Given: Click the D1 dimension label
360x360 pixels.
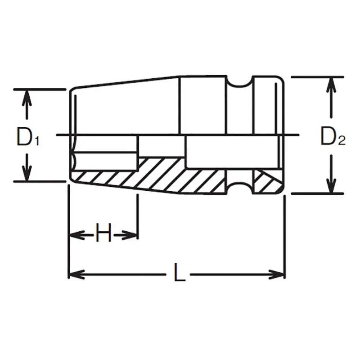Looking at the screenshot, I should (x=28, y=136).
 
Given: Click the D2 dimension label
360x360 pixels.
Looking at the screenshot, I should (x=332, y=136).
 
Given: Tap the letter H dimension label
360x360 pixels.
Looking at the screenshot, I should (x=103, y=234).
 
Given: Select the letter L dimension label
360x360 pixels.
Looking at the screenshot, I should (x=180, y=273).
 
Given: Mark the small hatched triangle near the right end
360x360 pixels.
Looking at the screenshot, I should (x=265, y=182).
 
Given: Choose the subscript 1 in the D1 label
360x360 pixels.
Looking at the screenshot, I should (x=36, y=141).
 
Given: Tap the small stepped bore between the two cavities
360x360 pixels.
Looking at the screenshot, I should (x=161, y=146).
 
